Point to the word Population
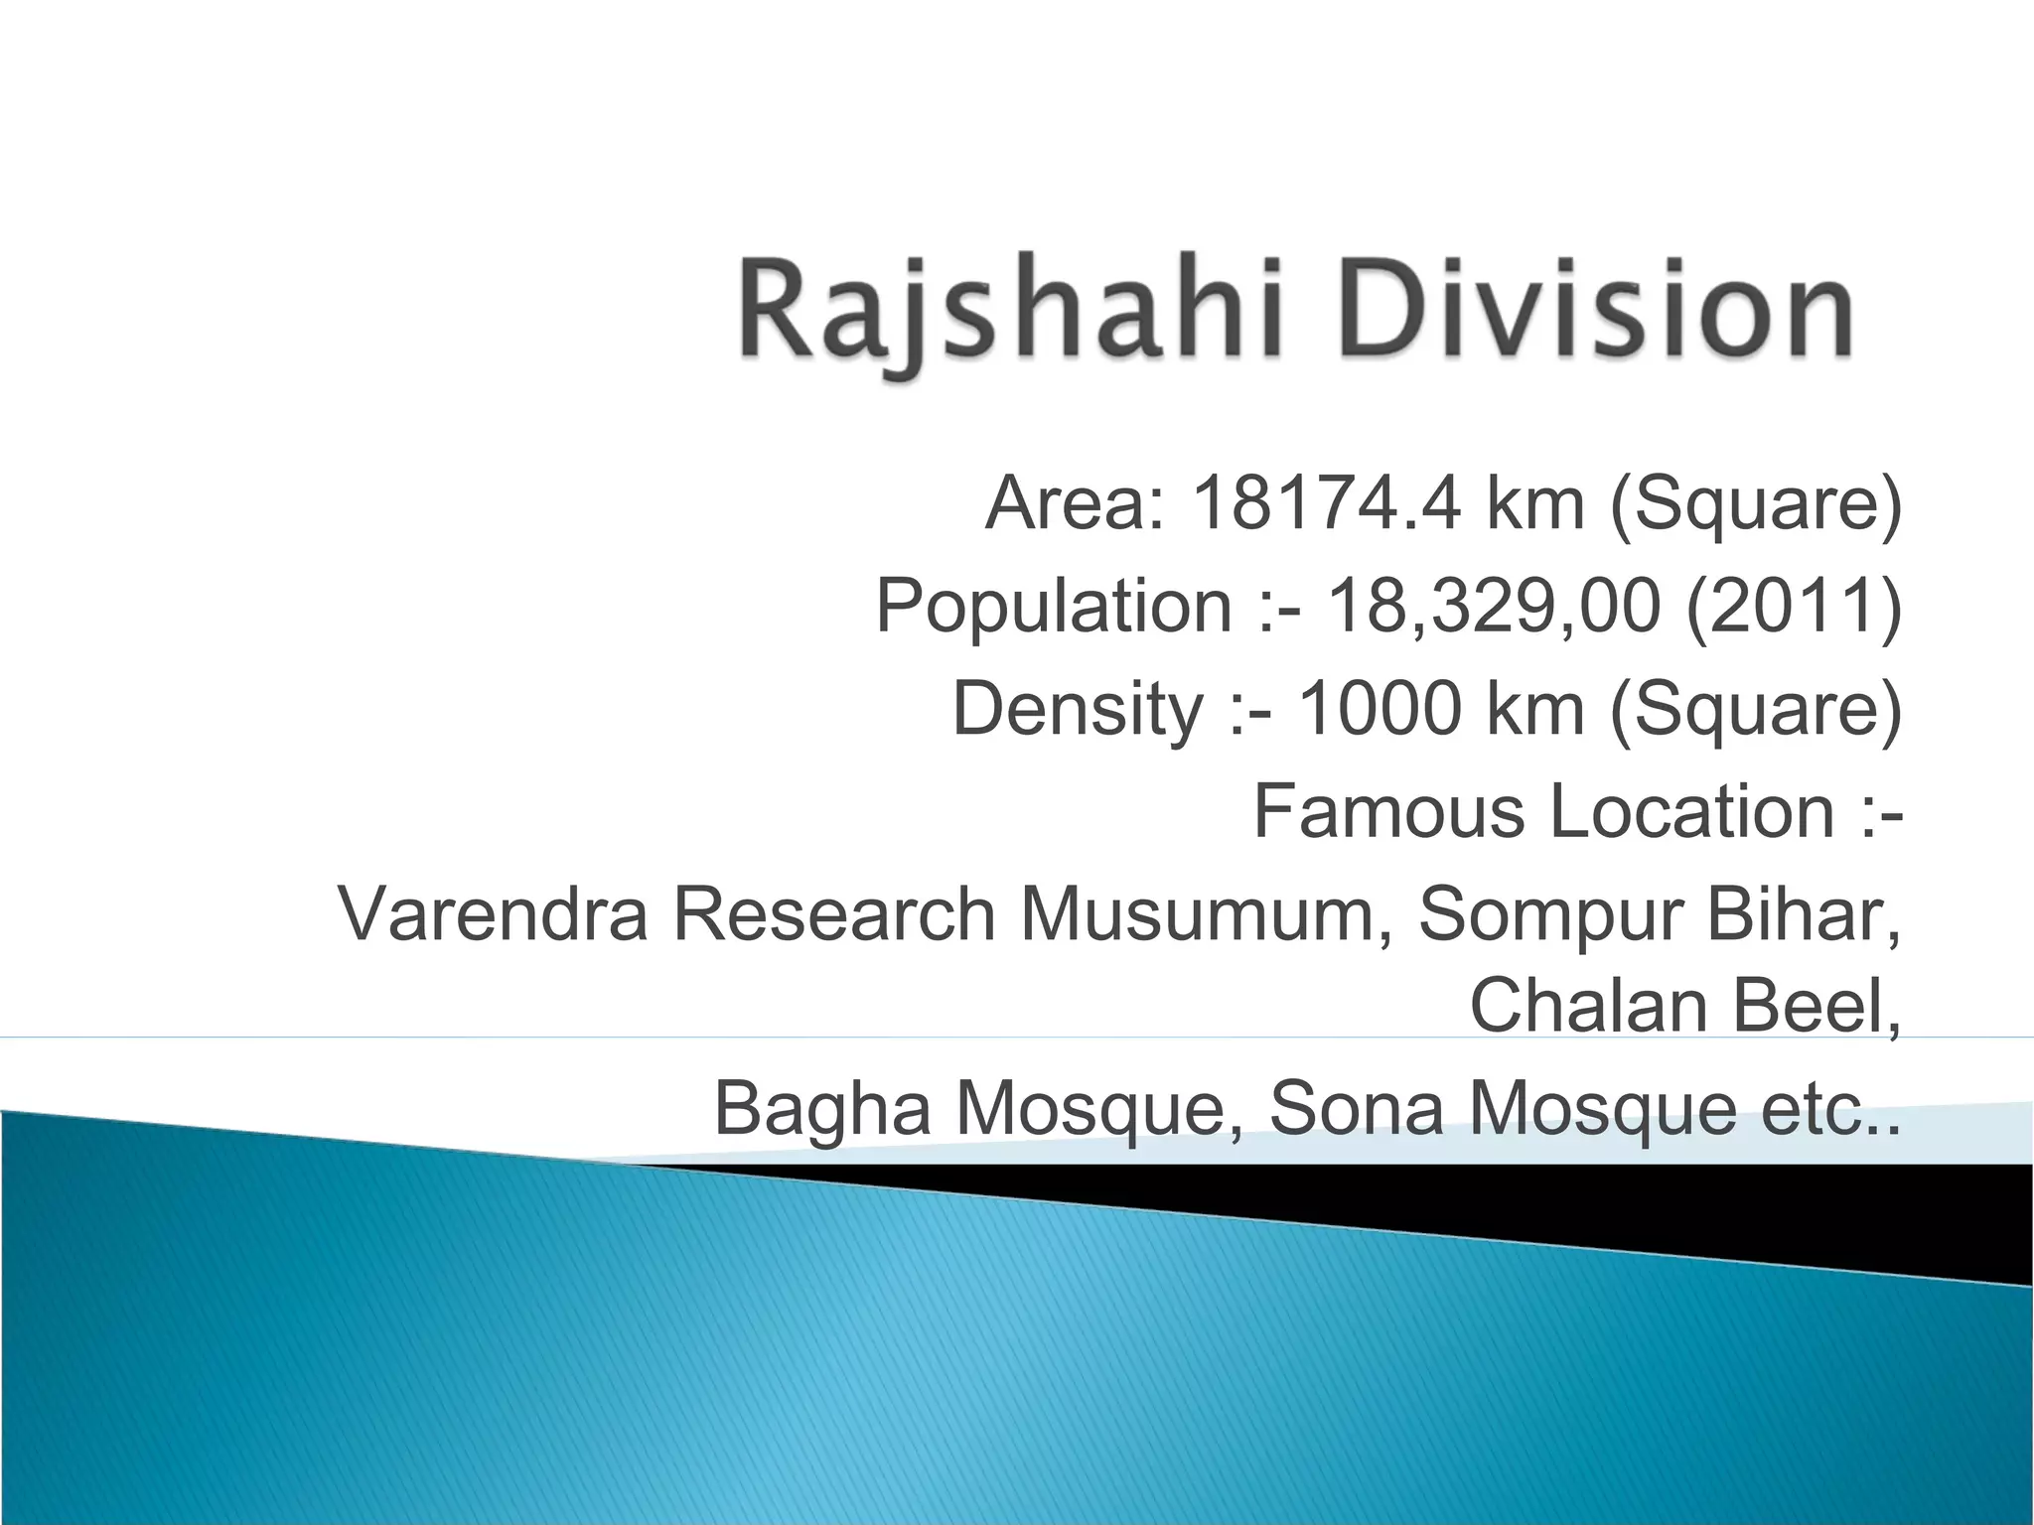tap(1053, 607)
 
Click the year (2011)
tap(1794, 607)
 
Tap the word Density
tap(1078, 709)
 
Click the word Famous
tap(1388, 811)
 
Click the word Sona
tap(1356, 1108)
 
